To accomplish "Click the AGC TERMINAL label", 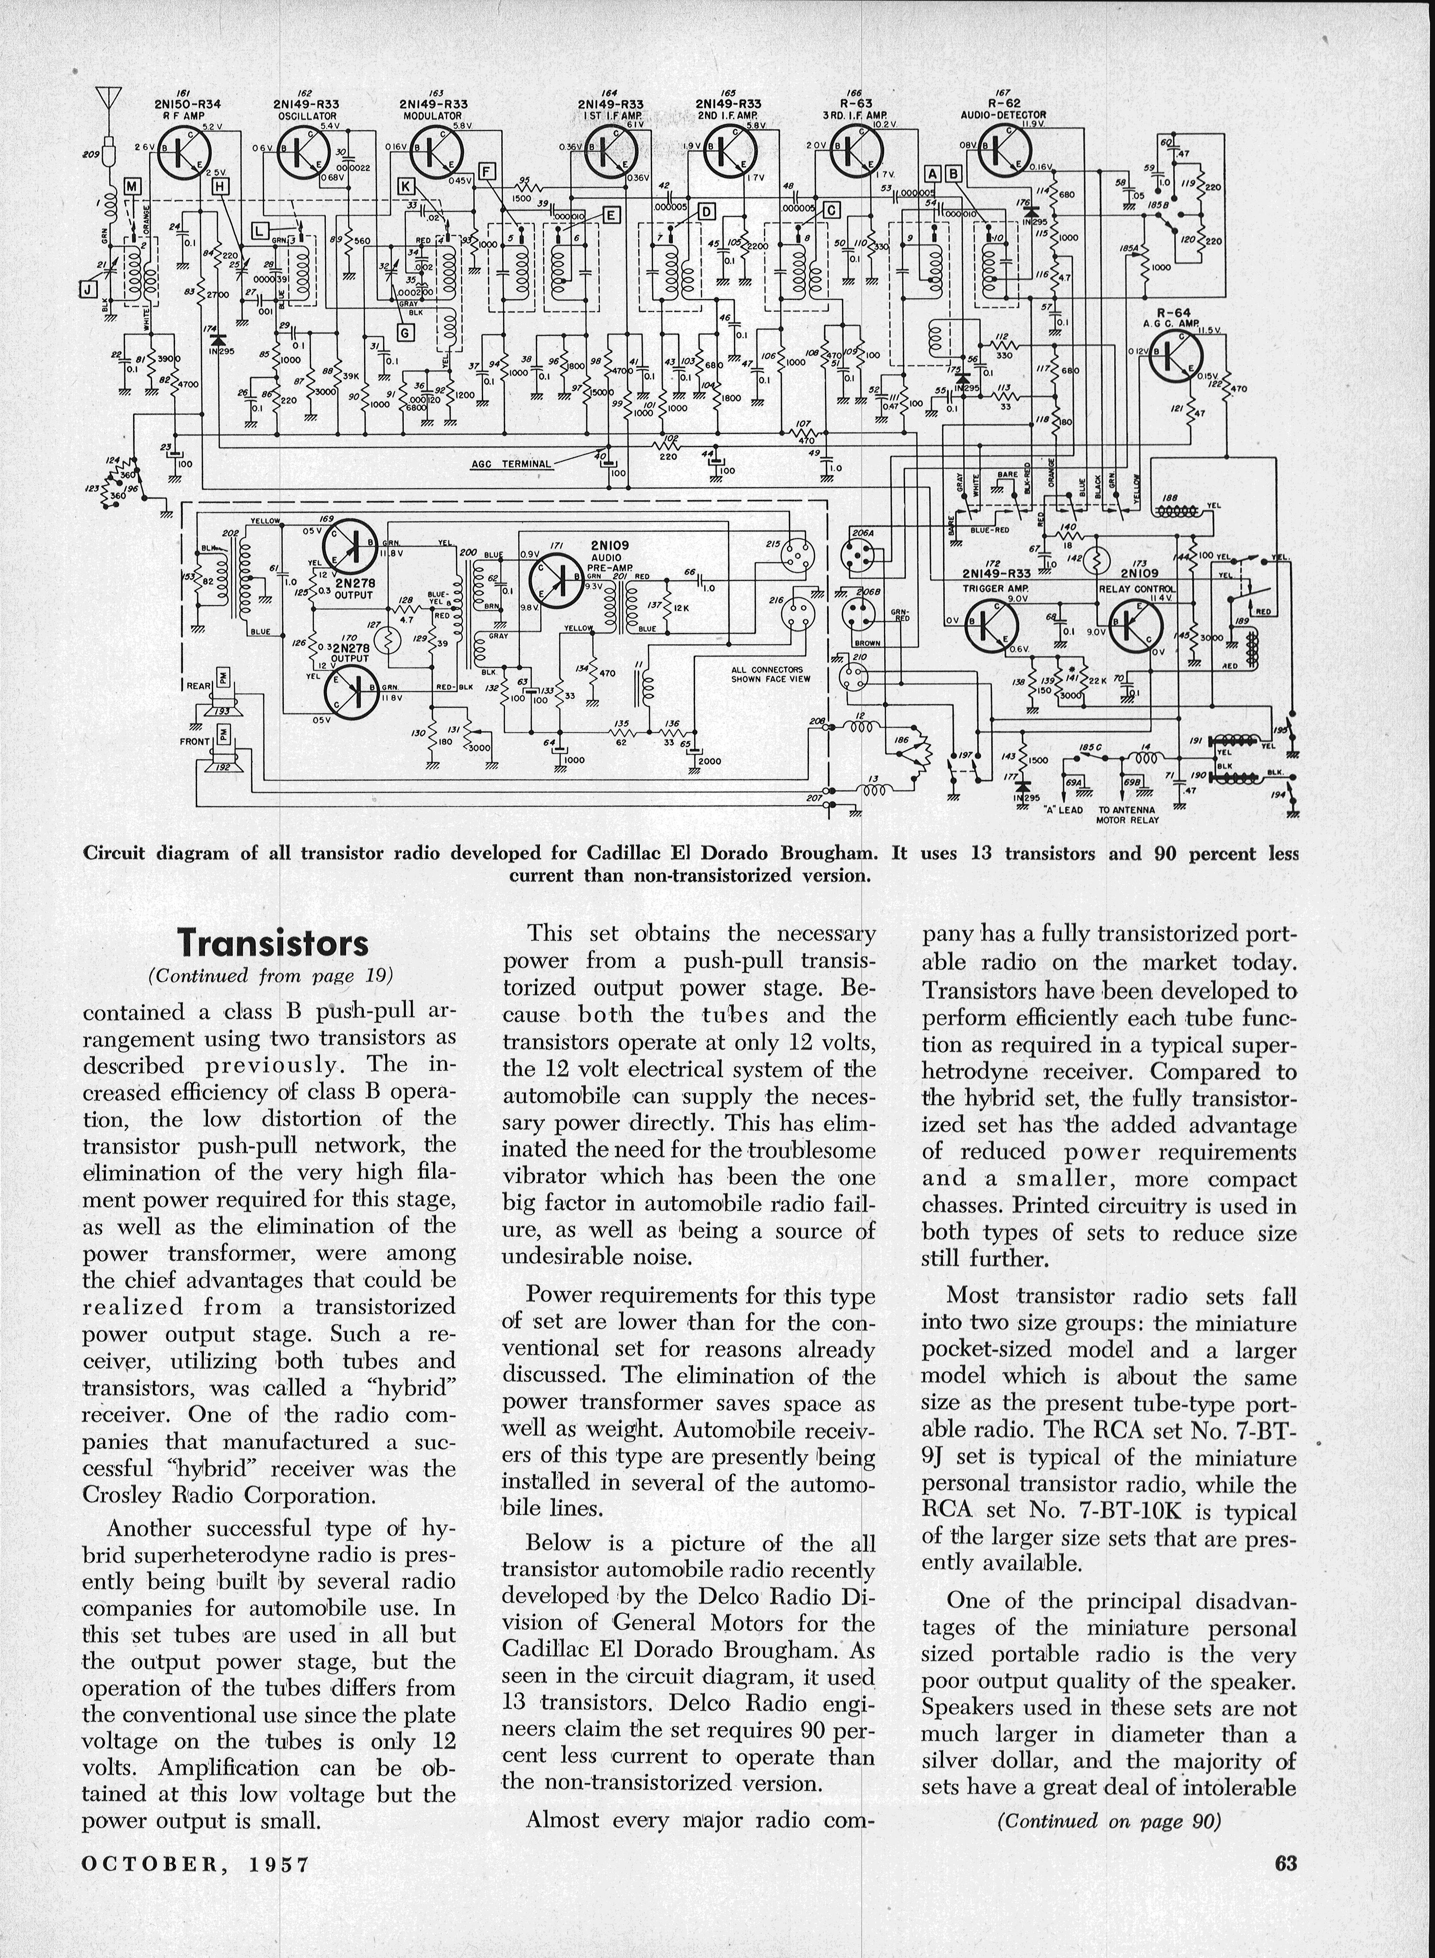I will [x=511, y=464].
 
